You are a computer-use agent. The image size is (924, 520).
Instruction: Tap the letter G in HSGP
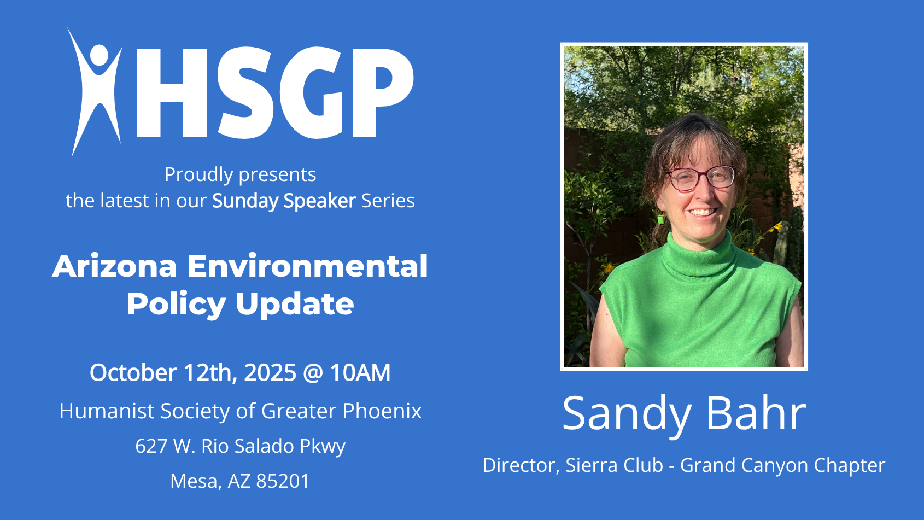pos(312,93)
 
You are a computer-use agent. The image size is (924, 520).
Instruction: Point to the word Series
pos(388,201)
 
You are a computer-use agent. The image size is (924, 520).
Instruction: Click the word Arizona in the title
pos(115,266)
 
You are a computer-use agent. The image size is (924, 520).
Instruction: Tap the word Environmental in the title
pos(308,266)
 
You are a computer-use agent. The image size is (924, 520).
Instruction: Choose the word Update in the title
pos(295,304)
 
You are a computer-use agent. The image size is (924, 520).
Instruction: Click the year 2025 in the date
pos(270,373)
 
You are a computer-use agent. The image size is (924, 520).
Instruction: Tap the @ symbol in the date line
pos(313,373)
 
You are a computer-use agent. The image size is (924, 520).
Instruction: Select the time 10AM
pos(360,373)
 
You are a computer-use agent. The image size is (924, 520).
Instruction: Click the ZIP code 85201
pos(283,481)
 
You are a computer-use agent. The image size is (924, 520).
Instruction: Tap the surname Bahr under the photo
pos(756,413)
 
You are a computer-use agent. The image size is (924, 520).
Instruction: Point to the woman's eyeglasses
pos(701,178)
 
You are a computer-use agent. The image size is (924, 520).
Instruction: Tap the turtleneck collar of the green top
pos(698,256)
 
